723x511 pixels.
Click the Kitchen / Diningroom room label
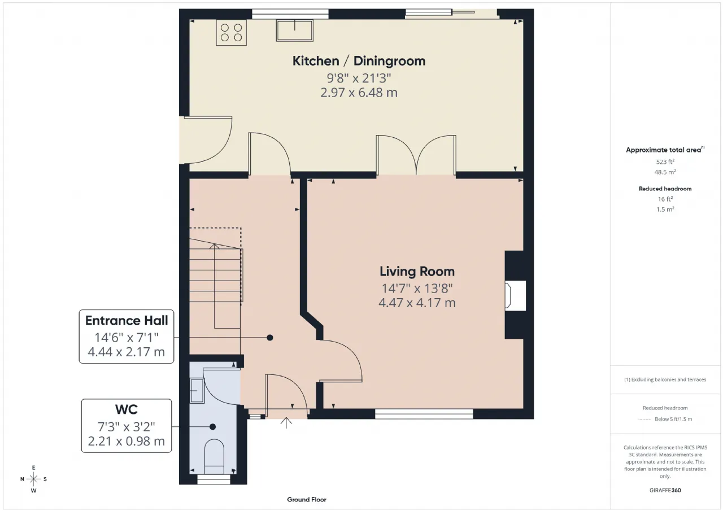click(359, 61)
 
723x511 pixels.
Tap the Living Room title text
click(417, 271)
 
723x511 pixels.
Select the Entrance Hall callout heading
click(127, 321)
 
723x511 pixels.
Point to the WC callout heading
click(126, 409)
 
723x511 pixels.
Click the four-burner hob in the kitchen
click(231, 33)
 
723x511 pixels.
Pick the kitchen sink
click(295, 30)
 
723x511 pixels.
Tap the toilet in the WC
click(214, 456)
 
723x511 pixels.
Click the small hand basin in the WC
click(197, 391)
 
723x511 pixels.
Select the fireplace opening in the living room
click(516, 295)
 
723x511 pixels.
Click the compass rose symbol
click(33, 479)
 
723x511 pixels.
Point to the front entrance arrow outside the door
click(286, 423)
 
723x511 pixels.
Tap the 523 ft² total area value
click(665, 161)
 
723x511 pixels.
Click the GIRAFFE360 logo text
click(665, 490)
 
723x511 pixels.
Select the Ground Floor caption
click(307, 500)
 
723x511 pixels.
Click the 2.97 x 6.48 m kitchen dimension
click(359, 93)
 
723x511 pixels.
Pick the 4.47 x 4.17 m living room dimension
click(417, 303)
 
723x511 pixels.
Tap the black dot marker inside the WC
click(212, 427)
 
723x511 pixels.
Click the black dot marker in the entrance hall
click(270, 338)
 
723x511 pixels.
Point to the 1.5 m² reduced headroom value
click(665, 209)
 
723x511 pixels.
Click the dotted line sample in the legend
click(644, 420)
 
